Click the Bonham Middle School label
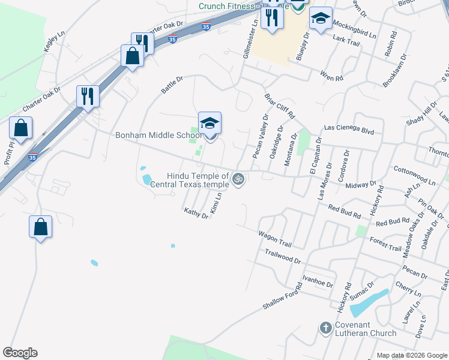point(158,135)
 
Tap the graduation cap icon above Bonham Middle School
point(209,123)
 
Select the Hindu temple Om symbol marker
point(238,179)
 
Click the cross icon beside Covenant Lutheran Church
point(325,328)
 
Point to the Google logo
point(20,353)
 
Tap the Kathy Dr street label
point(196,213)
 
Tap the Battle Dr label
point(172,84)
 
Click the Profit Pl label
point(10,155)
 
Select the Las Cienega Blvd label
point(349,128)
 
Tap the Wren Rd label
point(331,77)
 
